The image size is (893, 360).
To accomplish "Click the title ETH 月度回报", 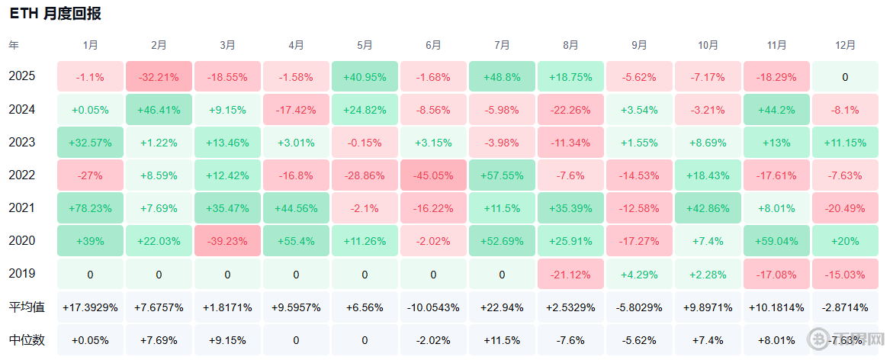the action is pos(55,14).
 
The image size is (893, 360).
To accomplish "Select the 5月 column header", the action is pos(365,45).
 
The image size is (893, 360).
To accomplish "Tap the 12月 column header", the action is pos(845,45).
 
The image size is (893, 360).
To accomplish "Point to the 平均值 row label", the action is pos(27,307).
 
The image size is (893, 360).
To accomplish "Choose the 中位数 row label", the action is pos(27,340).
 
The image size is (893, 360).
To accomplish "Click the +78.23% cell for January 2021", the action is pos(90,208).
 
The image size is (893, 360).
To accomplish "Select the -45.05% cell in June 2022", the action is pos(433,175).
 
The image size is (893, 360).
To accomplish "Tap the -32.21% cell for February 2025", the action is pos(159,77).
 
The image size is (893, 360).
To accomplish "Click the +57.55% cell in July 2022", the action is pos(502,175).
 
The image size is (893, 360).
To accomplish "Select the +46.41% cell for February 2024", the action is pos(159,109).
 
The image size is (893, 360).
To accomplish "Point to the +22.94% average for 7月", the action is pos(502,307).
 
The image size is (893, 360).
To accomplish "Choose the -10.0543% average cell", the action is pos(433,307).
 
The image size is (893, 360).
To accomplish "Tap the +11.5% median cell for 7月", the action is pos(502,341).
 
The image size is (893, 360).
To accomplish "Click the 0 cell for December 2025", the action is pos(845,77).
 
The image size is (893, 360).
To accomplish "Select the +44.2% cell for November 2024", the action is pos(777,109).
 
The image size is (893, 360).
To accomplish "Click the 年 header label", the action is pos(14,45).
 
